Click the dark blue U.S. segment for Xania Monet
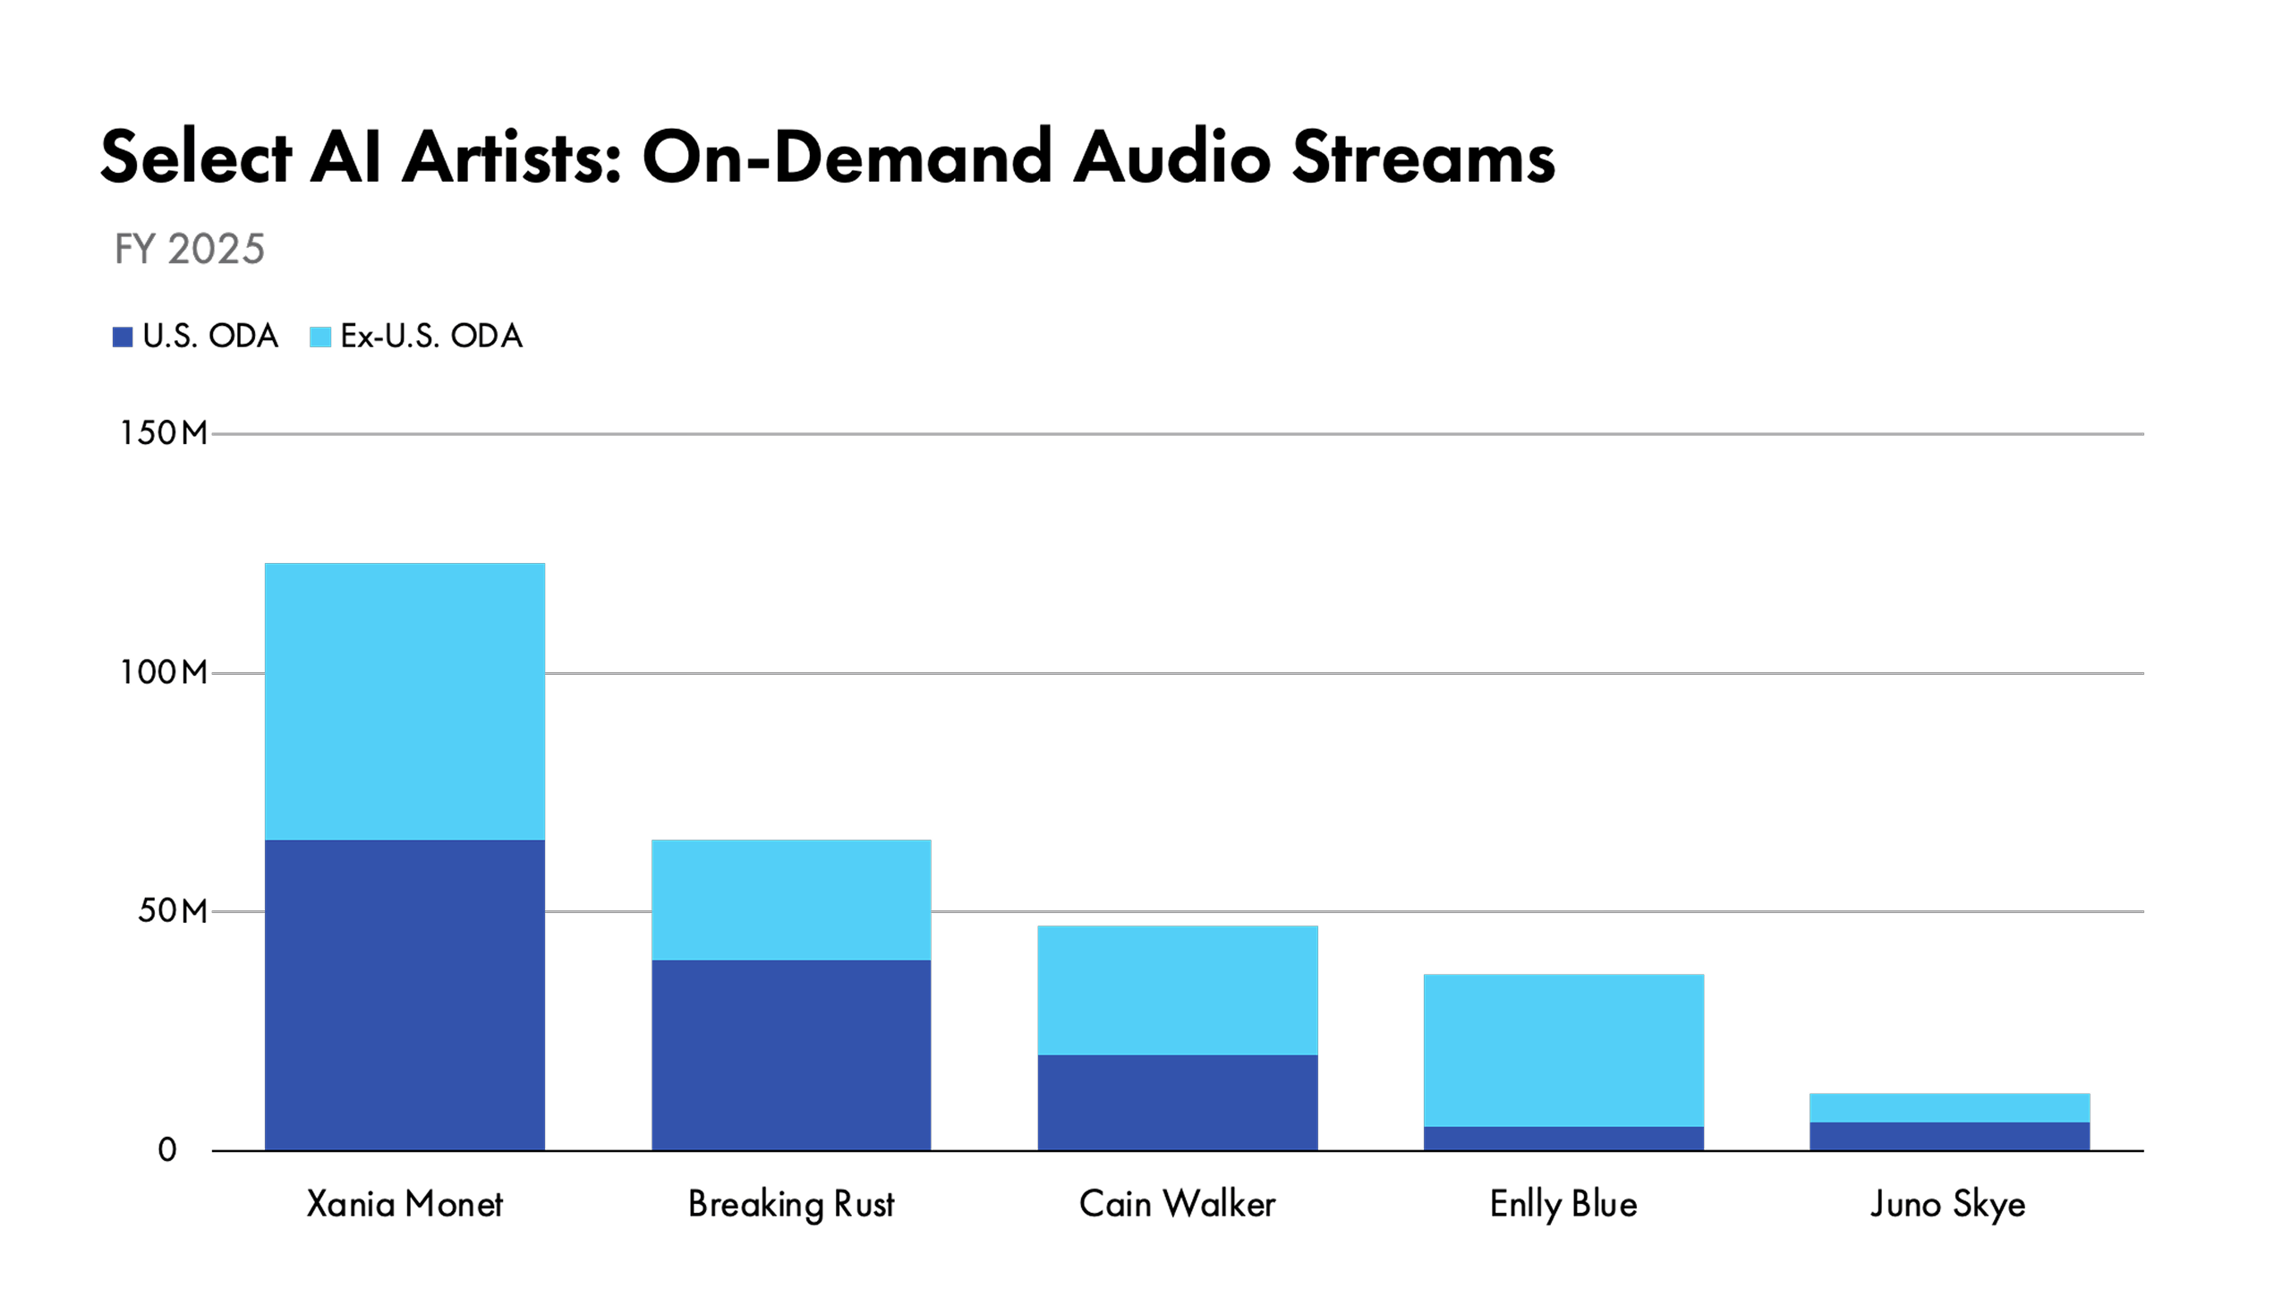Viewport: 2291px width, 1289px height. (x=405, y=994)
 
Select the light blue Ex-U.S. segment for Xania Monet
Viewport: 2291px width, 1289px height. (x=405, y=701)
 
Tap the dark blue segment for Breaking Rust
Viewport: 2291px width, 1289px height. (x=791, y=1054)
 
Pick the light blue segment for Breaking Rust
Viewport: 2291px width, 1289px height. (x=791, y=900)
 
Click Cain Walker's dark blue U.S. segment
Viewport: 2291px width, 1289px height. (x=1177, y=1102)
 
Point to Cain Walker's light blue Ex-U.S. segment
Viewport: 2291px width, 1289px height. (x=1177, y=990)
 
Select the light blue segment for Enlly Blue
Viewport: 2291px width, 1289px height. (x=1563, y=1050)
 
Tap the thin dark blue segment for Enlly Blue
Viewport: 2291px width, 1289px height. (x=1563, y=1138)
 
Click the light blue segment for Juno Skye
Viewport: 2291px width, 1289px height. (x=1949, y=1107)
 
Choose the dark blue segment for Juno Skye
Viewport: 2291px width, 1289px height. (x=1949, y=1136)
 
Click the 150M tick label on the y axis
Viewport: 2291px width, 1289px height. (x=164, y=433)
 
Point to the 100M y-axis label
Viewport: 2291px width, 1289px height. (x=164, y=672)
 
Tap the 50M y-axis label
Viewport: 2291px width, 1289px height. (x=172, y=911)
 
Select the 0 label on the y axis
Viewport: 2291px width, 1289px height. (x=167, y=1150)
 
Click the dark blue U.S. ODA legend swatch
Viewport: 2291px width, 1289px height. (x=123, y=337)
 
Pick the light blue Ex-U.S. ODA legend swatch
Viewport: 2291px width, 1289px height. (x=320, y=337)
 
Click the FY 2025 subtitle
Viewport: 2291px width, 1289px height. (x=190, y=249)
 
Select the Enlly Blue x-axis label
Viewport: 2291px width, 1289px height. (x=1563, y=1204)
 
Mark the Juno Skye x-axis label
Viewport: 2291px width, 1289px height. (x=1948, y=1204)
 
